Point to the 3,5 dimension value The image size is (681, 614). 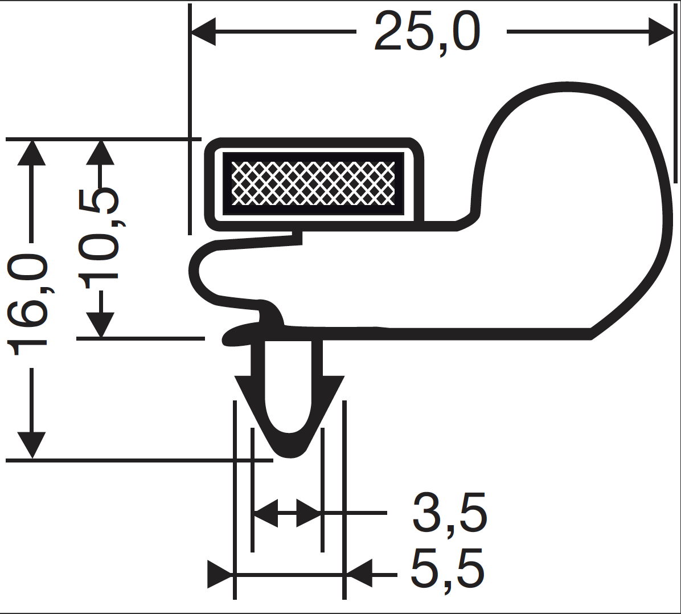click(x=449, y=513)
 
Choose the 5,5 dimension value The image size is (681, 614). click(x=448, y=569)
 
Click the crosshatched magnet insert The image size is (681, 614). click(x=313, y=183)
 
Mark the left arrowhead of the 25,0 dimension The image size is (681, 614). click(x=203, y=31)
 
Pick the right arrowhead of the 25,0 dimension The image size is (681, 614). click(x=661, y=31)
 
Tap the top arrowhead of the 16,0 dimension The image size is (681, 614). click(x=31, y=153)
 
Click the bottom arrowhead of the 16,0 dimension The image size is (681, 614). click(x=31, y=445)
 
